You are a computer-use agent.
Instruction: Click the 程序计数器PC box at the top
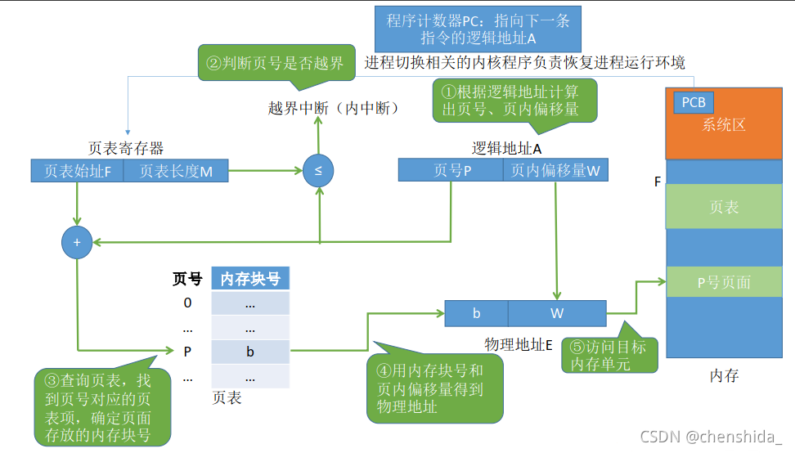point(478,30)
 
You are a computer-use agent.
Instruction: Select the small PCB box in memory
point(694,103)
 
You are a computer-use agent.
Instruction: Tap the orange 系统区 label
point(724,126)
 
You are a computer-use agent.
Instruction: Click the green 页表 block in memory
point(724,207)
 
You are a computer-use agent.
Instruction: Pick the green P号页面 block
point(724,282)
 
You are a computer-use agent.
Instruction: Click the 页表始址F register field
point(78,171)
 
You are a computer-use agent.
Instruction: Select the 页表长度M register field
point(176,171)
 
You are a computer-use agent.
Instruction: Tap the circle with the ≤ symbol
point(318,171)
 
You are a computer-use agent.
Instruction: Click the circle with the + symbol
point(77,243)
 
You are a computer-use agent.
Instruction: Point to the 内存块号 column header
point(250,279)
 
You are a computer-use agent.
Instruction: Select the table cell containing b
point(250,352)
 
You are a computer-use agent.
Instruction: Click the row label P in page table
point(187,352)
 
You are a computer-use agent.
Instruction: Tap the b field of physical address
point(476,313)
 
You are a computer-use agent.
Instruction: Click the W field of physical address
point(557,313)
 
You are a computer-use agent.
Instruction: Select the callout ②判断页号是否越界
point(276,63)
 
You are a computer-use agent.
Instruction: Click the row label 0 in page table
point(187,303)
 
